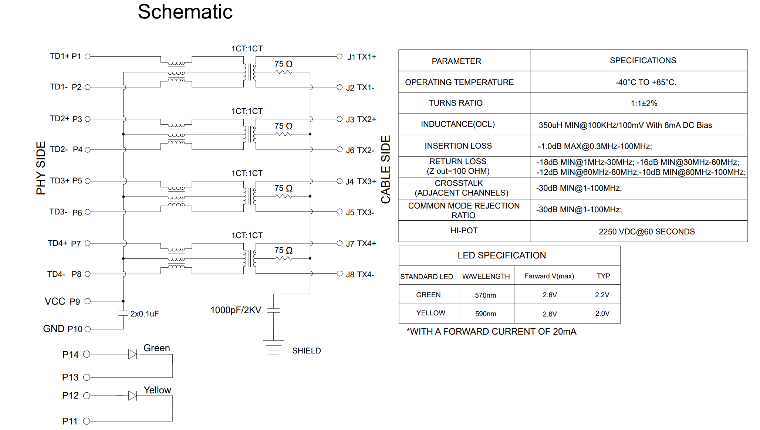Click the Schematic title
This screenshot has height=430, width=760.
pyautogui.click(x=185, y=12)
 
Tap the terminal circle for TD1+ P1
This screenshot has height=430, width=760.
pyautogui.click(x=88, y=57)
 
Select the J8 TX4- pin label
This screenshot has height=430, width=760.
pyautogui.click(x=360, y=274)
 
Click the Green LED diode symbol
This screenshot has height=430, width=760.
pyautogui.click(x=133, y=354)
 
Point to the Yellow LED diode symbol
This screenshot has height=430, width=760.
pyautogui.click(x=133, y=396)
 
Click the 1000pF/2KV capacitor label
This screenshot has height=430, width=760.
pyautogui.click(x=236, y=310)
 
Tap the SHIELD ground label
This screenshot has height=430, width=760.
pyautogui.click(x=306, y=351)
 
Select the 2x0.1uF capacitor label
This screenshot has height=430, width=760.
pyautogui.click(x=144, y=314)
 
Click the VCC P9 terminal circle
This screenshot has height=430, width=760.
pyautogui.click(x=88, y=301)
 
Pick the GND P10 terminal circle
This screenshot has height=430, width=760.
pyautogui.click(x=88, y=329)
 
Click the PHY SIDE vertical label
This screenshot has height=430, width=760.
pyautogui.click(x=41, y=168)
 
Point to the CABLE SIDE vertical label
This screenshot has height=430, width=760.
pyautogui.click(x=386, y=169)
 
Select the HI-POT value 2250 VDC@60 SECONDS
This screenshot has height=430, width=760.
pyautogui.click(x=646, y=231)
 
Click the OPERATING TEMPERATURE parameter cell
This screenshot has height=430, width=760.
pyautogui.click(x=459, y=82)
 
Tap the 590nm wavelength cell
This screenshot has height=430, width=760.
pyautogui.click(x=486, y=314)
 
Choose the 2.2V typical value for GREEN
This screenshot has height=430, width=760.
pyautogui.click(x=602, y=295)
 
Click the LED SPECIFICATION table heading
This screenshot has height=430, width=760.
pyautogui.click(x=501, y=255)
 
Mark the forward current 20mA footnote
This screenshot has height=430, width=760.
pyautogui.click(x=491, y=331)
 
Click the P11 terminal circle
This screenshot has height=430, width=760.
pyautogui.click(x=87, y=421)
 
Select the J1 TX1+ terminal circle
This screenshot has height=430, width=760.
pyautogui.click(x=340, y=57)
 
